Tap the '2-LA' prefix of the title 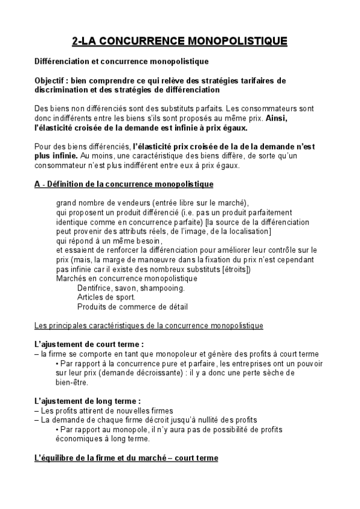(83, 41)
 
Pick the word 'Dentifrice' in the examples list (95, 288)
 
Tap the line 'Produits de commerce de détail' (133, 307)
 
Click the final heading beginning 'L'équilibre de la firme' (126, 458)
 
